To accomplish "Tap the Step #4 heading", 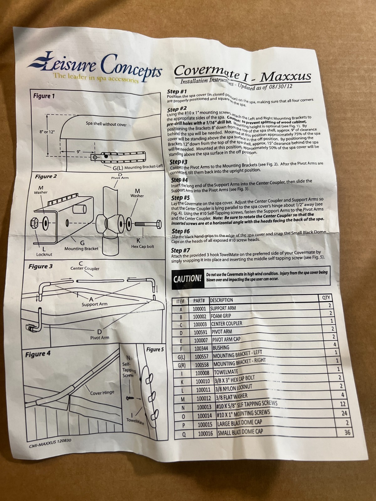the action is pos(180,180).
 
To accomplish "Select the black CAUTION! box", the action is pos(188,279).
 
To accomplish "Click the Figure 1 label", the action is pos(44,96).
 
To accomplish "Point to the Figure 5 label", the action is pos(155,349).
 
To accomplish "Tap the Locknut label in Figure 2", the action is pos(44,254).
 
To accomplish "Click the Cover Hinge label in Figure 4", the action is pos(102,393).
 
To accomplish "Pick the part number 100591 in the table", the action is pos(200,332).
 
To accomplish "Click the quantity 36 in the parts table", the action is pos(347,432).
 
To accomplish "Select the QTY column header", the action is pos(326,297).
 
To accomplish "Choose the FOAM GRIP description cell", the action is pos(221,316).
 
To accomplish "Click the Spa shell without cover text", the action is pos(106,124).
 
